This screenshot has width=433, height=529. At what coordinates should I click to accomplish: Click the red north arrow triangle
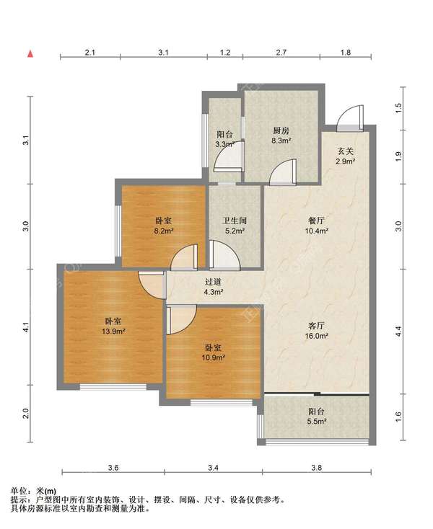click(30, 53)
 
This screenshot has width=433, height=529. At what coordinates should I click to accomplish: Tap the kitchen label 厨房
click(281, 130)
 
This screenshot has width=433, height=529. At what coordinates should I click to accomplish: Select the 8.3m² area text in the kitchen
click(281, 141)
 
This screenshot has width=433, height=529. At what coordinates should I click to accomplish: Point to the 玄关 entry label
click(346, 151)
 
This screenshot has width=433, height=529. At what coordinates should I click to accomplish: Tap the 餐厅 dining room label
click(317, 221)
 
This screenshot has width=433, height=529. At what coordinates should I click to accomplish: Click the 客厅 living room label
click(317, 326)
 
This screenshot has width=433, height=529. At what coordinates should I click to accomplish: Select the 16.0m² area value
click(317, 336)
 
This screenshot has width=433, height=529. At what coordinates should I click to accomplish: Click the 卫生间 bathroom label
click(235, 221)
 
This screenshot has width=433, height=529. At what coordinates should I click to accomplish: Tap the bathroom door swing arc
click(224, 254)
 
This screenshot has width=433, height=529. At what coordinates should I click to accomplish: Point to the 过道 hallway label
click(213, 281)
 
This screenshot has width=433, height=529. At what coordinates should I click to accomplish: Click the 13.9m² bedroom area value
click(113, 332)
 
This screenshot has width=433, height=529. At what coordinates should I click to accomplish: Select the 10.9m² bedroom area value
click(214, 357)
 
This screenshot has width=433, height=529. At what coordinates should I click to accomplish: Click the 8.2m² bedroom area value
click(164, 231)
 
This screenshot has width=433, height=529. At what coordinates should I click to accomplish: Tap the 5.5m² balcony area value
click(317, 422)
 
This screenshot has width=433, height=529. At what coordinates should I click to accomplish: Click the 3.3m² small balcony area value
click(225, 144)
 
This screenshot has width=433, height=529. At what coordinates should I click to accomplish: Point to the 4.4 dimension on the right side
click(398, 332)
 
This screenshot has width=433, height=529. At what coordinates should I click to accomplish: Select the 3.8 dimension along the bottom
click(317, 468)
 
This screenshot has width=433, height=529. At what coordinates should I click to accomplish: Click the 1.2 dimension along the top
click(225, 53)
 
